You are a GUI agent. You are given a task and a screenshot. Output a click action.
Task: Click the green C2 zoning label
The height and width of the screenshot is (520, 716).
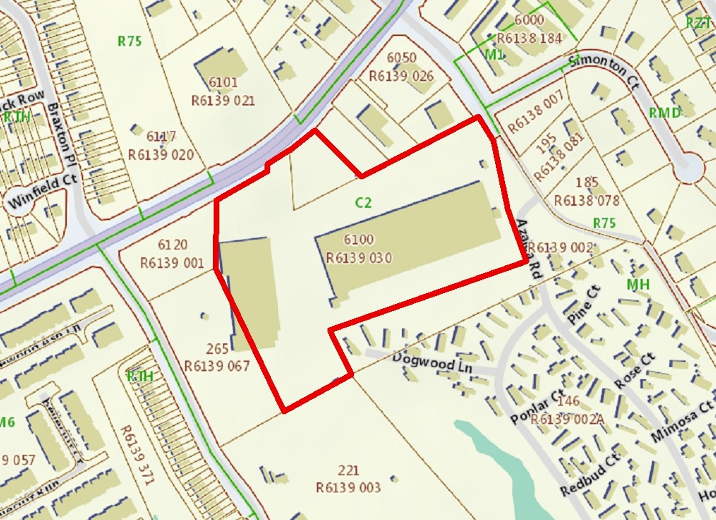[363, 203]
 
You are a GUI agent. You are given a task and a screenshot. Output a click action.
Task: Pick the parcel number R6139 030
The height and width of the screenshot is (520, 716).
[359, 258]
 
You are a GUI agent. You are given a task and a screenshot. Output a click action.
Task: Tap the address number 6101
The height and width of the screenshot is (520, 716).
[223, 82]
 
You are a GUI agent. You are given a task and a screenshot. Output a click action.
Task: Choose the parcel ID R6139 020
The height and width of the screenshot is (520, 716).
[161, 154]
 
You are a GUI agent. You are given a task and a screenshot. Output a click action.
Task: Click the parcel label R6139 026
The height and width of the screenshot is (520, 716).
[401, 76]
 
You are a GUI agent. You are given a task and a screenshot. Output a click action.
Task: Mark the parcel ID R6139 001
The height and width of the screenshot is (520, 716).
[172, 263]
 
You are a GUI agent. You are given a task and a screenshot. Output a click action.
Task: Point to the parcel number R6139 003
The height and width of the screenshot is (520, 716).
[348, 487]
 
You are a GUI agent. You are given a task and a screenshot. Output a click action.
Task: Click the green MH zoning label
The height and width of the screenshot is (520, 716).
[638, 285]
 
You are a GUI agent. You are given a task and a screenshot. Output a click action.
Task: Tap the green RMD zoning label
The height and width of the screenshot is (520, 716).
[664, 113]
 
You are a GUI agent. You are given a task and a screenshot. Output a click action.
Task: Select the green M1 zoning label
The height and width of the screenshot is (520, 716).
[494, 55]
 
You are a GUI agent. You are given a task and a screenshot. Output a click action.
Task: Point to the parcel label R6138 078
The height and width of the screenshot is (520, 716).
[587, 200]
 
